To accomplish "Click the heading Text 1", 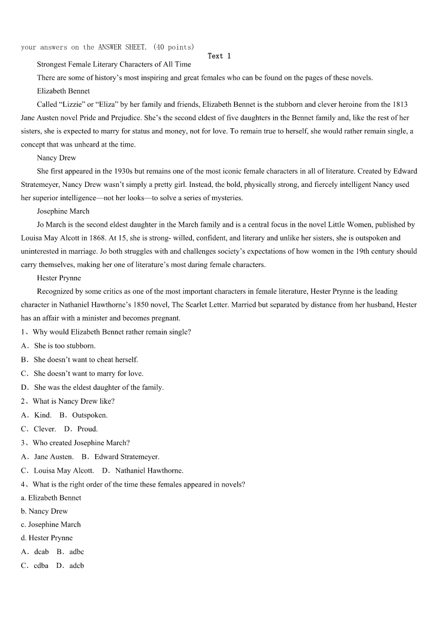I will pos(219,56).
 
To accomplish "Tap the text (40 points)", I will pos(174,47).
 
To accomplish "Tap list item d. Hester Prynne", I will pos(47,538).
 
